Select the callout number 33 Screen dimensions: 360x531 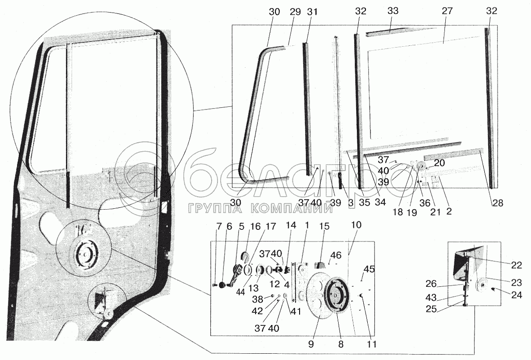(393, 12)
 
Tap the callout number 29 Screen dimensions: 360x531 (294, 12)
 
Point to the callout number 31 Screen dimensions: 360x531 (312, 12)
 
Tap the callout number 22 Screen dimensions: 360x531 (517, 265)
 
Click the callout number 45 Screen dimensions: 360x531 (369, 269)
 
